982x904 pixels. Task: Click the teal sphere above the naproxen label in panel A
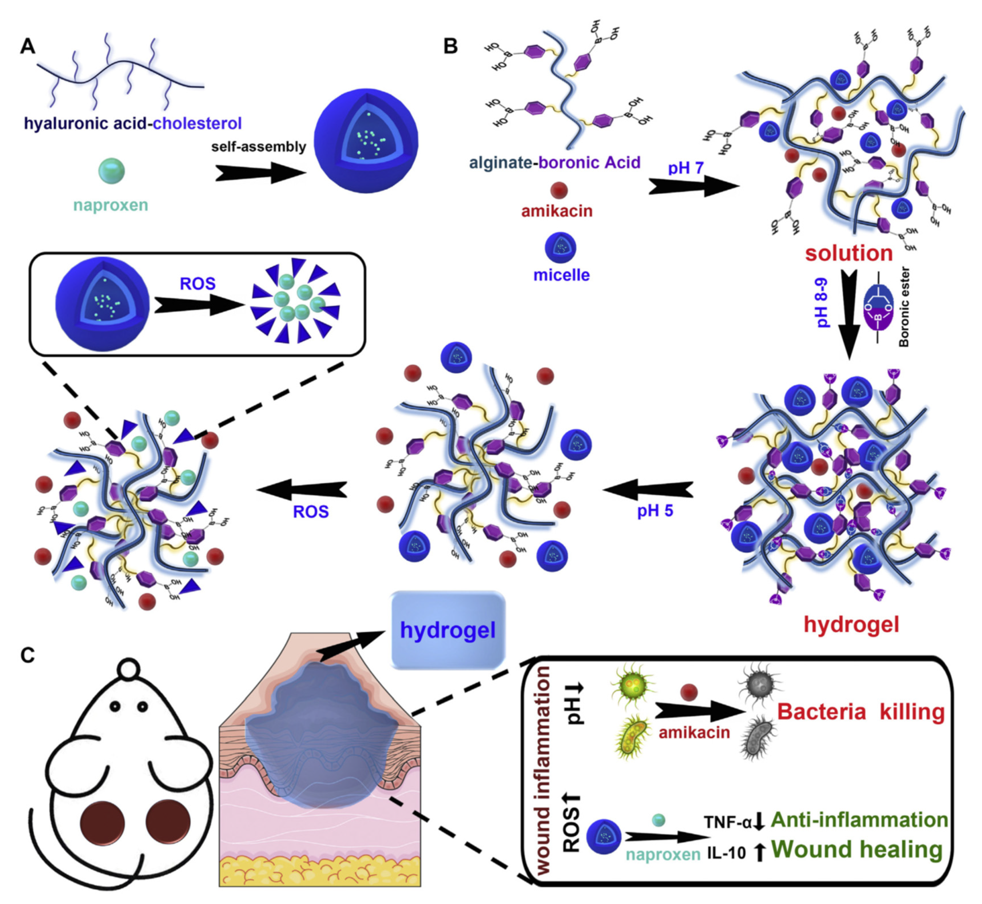pyautogui.click(x=111, y=171)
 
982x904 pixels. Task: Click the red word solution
pyautogui.click(x=849, y=253)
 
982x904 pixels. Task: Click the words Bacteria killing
pyautogui.click(x=860, y=712)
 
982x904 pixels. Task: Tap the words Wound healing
pyautogui.click(x=856, y=850)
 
